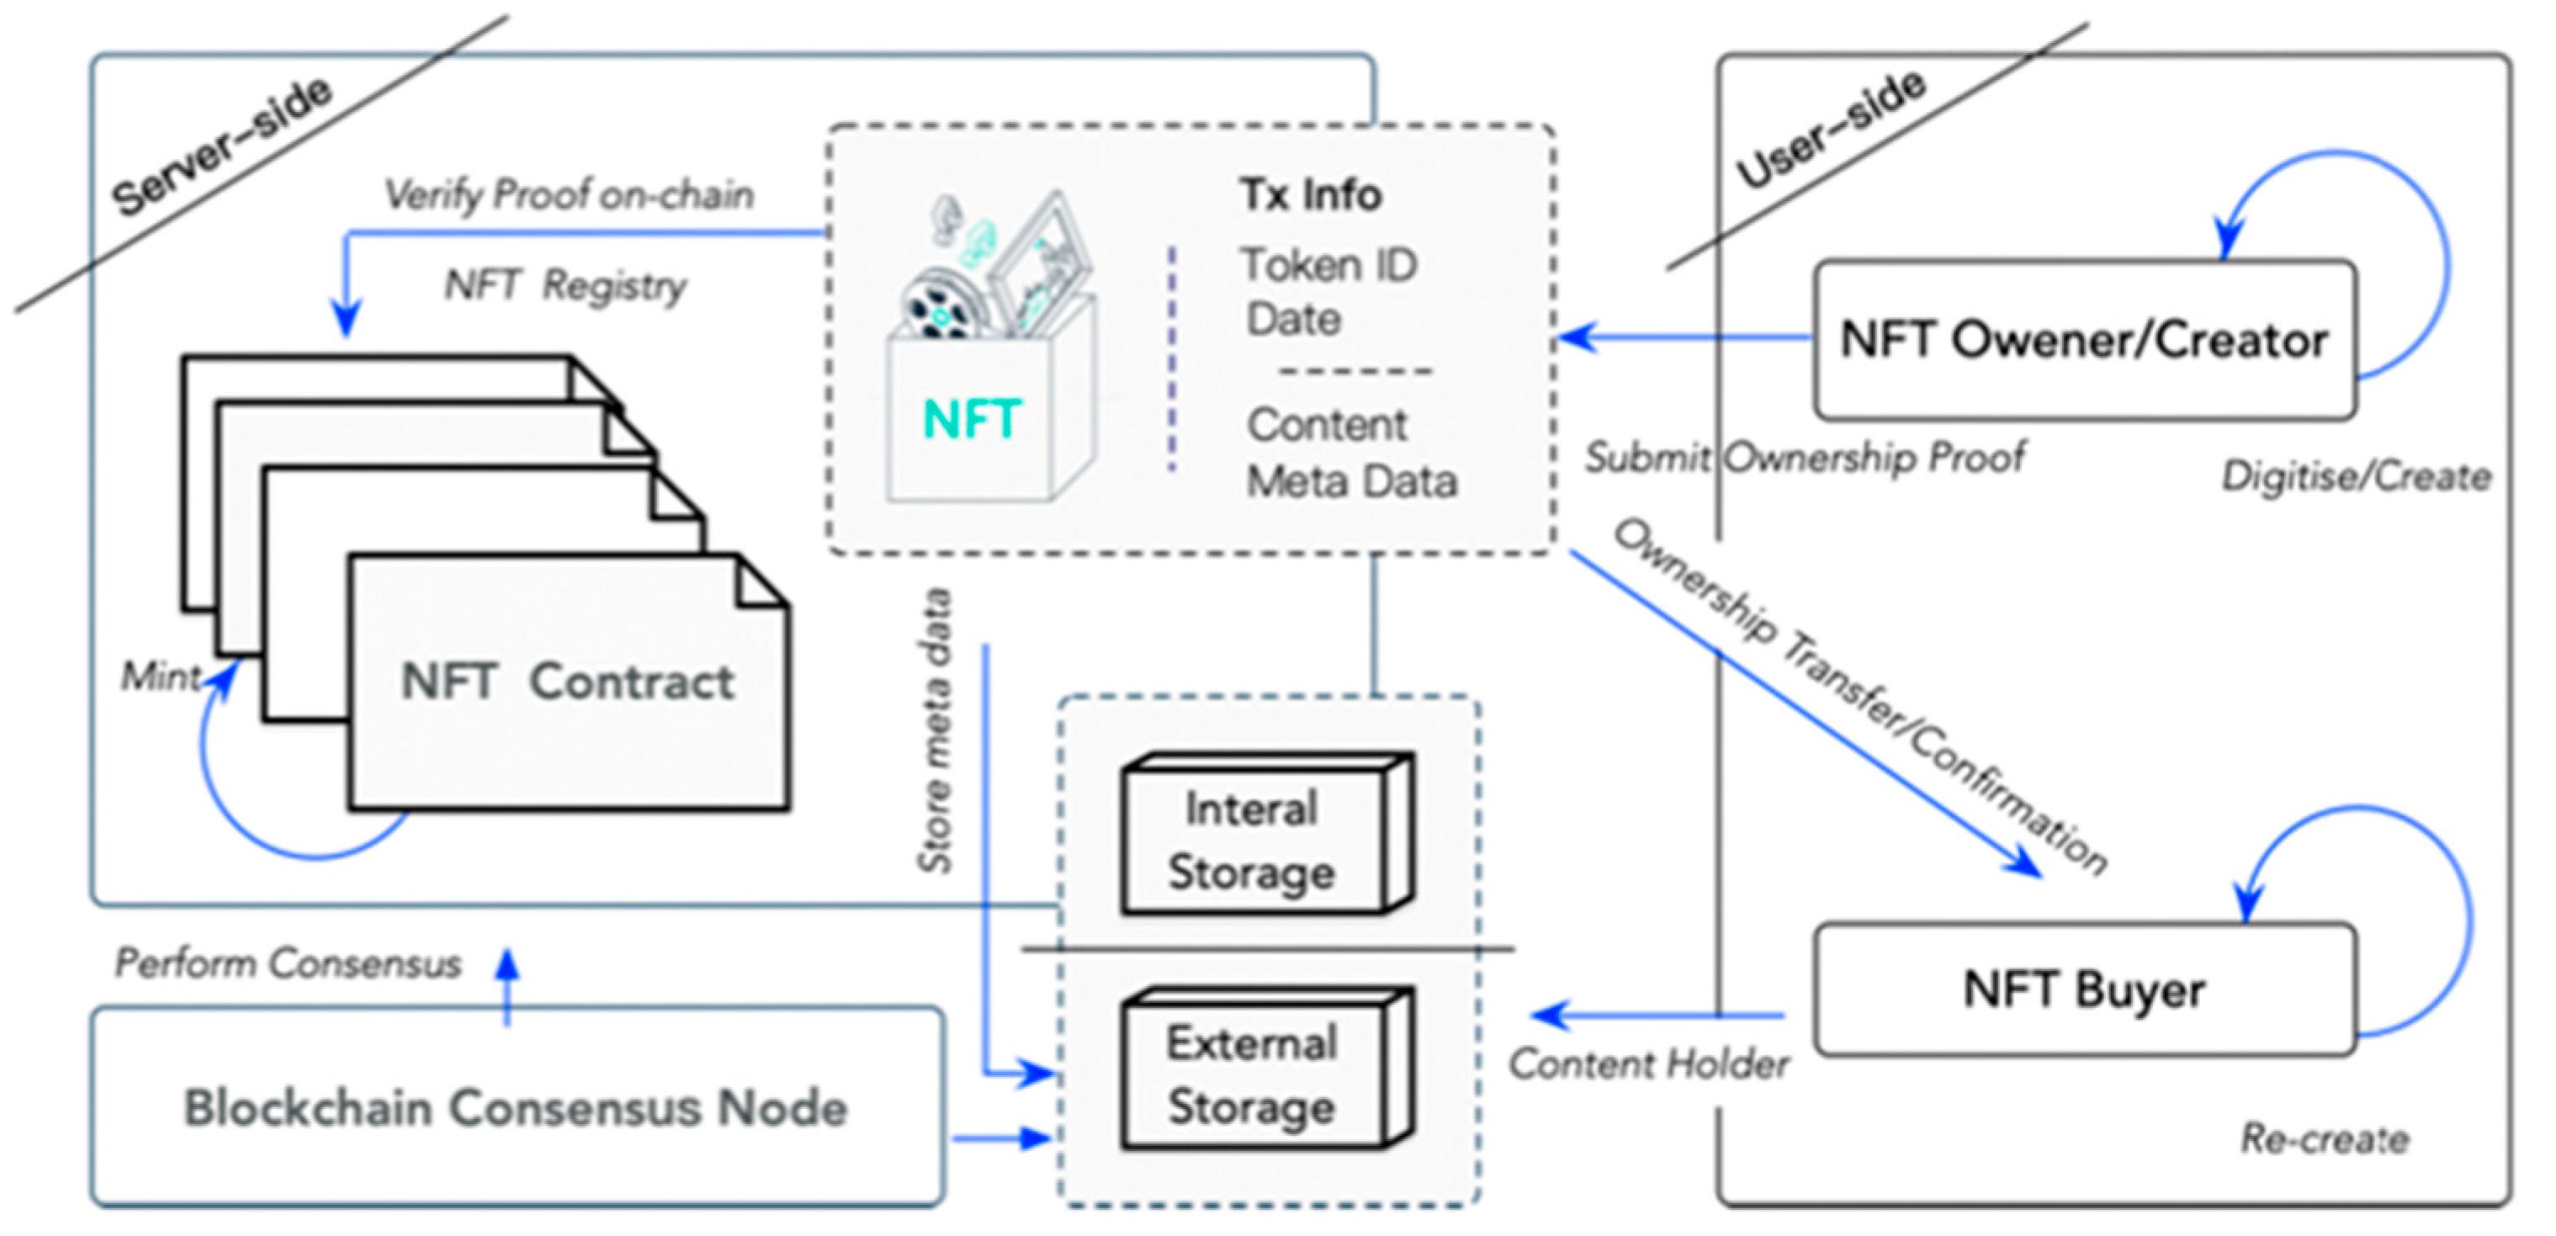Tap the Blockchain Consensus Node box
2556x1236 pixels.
tap(516, 1108)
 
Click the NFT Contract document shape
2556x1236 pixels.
tap(568, 682)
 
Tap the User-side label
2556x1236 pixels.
tap(1831, 129)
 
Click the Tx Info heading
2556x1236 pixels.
tap(1310, 194)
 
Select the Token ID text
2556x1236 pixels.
tap(1328, 266)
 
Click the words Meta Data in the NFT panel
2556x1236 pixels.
tap(1351, 482)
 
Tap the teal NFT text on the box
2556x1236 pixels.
tap(970, 419)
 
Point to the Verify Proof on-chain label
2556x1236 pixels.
tap(569, 195)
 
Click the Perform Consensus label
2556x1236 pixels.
tap(288, 963)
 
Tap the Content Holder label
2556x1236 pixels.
tap(1648, 1064)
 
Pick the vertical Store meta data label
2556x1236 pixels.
tap(935, 731)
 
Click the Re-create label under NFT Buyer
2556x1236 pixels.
tap(2324, 1138)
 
